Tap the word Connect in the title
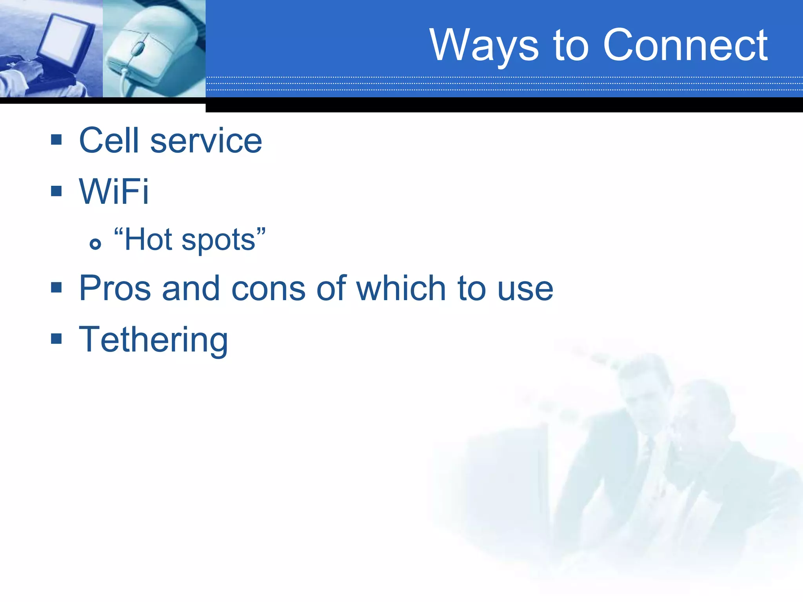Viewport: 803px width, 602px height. pos(685,45)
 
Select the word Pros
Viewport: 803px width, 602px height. pos(115,288)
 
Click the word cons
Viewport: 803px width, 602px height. pos(268,289)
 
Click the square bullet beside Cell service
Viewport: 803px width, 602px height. pos(56,140)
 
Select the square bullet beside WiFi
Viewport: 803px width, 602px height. pos(56,191)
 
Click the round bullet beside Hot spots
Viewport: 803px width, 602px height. pos(95,244)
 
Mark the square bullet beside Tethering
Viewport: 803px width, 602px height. pos(56,338)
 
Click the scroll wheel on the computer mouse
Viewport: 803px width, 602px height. pos(137,49)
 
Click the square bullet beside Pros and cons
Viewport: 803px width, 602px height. pos(56,288)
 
